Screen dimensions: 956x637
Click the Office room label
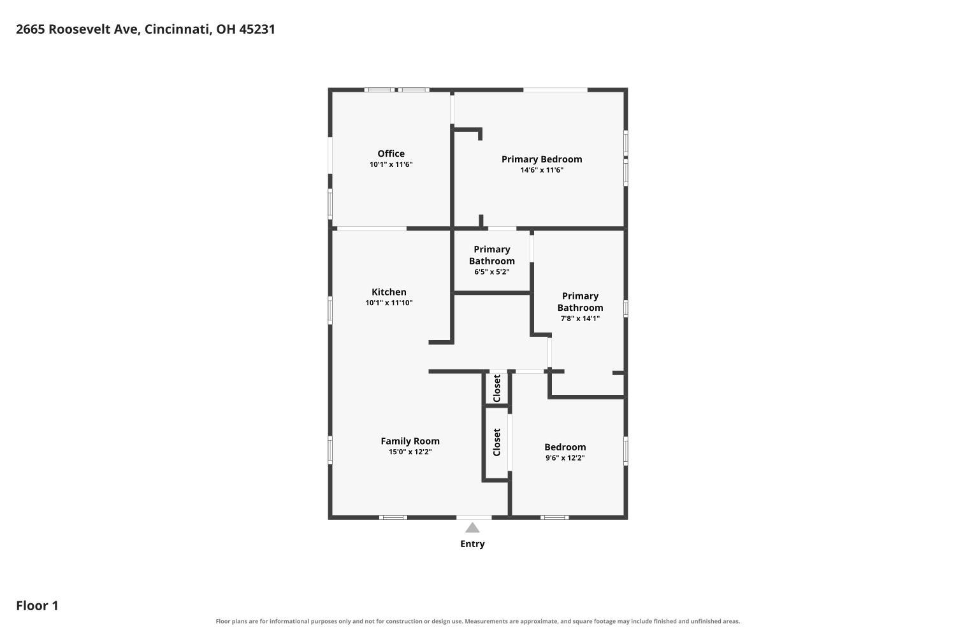[x=391, y=154]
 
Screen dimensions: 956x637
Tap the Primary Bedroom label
[x=542, y=159]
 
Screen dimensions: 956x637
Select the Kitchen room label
[x=389, y=292]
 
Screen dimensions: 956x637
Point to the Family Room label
[x=410, y=441]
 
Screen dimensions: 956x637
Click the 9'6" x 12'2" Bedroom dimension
[x=565, y=458]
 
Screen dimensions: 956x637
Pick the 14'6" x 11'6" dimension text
[x=542, y=170]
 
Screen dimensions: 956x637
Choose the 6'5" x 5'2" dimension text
[x=491, y=272]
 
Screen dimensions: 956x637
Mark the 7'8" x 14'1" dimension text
[x=580, y=318]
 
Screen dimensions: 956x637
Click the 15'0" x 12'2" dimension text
[x=410, y=452]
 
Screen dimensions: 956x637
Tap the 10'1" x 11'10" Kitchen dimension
[x=389, y=303]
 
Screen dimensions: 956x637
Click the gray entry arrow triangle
[x=472, y=528]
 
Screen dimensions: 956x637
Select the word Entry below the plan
[x=472, y=544]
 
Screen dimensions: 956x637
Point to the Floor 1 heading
[x=37, y=606]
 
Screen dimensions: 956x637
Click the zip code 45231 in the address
[x=257, y=29]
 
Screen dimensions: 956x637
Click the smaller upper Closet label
[x=496, y=389]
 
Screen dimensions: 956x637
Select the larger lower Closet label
[x=496, y=443]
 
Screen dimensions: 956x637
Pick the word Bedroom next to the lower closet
[x=565, y=447]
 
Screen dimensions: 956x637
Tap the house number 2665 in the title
[x=31, y=29]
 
